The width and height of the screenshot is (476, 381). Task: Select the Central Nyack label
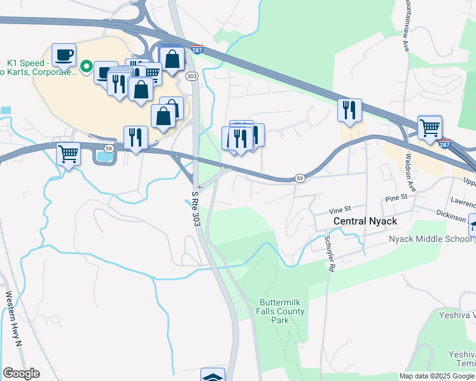click(365, 221)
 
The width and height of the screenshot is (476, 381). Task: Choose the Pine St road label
click(396, 199)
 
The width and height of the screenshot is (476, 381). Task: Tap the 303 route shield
click(192, 76)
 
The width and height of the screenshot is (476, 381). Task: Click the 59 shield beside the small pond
click(109, 148)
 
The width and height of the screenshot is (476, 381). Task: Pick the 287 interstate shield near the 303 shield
click(197, 50)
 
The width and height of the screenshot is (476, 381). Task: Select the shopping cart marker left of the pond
click(68, 153)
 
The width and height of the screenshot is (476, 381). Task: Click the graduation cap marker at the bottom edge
click(213, 376)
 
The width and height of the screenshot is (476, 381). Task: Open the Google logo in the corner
click(21, 373)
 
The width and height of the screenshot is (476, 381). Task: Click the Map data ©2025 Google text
click(437, 376)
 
